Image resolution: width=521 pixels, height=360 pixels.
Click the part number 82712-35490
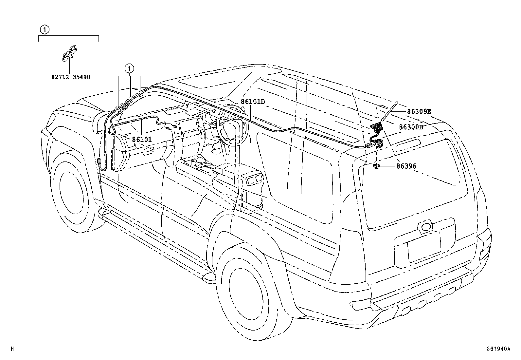[71, 77]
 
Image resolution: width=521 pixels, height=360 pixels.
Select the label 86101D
[253, 102]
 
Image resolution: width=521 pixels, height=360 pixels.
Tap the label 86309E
[419, 112]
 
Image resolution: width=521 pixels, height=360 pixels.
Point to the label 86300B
[411, 127]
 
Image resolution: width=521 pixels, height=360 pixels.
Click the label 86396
[406, 166]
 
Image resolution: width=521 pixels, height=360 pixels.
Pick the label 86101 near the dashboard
[142, 140]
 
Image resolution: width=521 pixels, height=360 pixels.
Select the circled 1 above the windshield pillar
[130, 69]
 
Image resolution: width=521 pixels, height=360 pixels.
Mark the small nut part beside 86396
[376, 167]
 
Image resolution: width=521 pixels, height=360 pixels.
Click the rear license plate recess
[423, 246]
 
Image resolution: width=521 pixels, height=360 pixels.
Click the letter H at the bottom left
[12, 349]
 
